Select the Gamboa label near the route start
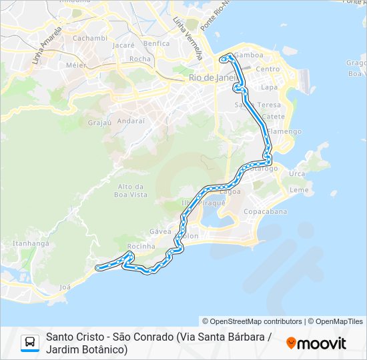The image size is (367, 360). (249, 55)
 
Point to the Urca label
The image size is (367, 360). (298, 173)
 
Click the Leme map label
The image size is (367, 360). (300, 189)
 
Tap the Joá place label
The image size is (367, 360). (65, 287)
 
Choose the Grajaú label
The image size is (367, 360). (99, 123)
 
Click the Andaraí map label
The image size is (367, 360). (130, 121)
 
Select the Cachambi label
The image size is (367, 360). (89, 38)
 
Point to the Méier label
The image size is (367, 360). (76, 65)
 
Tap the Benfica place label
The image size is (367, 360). (156, 43)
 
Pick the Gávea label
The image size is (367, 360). (160, 231)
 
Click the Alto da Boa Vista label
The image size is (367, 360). (131, 190)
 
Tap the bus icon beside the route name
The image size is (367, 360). (30, 343)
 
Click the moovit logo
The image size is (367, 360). (316, 343)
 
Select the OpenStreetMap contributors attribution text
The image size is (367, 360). (252, 321)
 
